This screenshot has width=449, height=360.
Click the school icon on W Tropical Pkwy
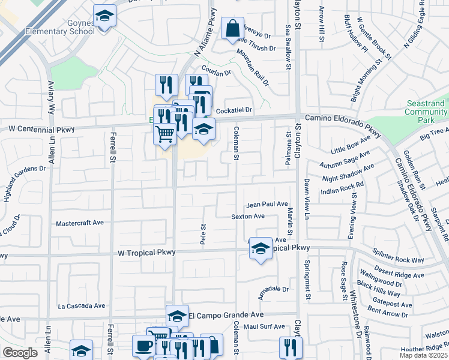pos(261,248)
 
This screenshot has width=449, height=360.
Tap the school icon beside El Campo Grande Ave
pos(177,316)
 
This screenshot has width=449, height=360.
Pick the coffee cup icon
pos(144,346)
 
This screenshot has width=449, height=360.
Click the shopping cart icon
pos(164,133)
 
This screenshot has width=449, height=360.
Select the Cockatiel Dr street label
pos(235,110)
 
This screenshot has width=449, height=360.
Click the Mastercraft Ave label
pos(79,223)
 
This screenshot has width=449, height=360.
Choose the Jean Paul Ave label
pos(267,204)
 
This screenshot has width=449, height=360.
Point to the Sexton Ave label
pos(249,216)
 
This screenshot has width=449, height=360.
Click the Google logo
pos(20,353)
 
